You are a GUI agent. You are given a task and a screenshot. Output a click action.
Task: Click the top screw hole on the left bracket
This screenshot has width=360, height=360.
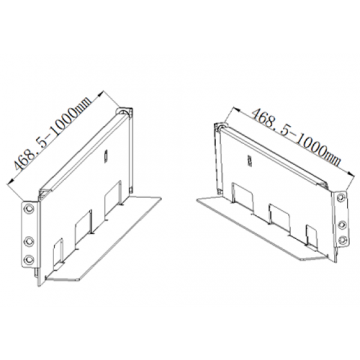click(x=29, y=209)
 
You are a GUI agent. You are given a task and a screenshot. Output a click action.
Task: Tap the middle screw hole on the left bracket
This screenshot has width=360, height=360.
click(x=29, y=241)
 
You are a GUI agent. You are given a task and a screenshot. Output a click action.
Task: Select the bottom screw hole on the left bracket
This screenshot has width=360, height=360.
click(x=29, y=259)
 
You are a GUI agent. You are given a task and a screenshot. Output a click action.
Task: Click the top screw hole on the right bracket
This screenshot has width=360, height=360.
click(x=340, y=197)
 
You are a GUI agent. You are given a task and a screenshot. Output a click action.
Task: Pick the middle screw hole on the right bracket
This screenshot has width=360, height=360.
click(x=341, y=225)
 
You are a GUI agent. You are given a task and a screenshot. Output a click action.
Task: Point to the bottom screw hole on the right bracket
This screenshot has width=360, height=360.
click(x=342, y=240)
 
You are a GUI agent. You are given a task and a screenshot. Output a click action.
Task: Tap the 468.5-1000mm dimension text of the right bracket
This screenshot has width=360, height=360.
click(x=296, y=137)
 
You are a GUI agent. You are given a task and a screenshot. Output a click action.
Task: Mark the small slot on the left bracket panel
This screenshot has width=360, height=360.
click(x=106, y=156)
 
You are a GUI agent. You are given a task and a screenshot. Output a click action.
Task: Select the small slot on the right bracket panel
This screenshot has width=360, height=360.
click(x=249, y=161)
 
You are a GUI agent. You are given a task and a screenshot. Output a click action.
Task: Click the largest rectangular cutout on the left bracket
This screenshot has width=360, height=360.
click(x=113, y=199)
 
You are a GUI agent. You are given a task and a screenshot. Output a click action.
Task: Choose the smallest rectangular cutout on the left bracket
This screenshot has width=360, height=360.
click(x=58, y=252)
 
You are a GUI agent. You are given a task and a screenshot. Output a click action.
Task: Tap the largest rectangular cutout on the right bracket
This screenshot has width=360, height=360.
click(x=243, y=197)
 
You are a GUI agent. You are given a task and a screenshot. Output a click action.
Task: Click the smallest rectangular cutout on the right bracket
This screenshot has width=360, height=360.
click(x=312, y=237)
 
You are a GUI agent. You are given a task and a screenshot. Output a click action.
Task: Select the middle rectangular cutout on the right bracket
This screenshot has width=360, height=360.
click(x=280, y=218)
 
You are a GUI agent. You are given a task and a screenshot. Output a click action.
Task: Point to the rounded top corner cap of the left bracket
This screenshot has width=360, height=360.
click(x=123, y=112)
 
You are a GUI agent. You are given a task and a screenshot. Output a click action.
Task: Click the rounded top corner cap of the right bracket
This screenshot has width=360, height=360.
click(x=220, y=127)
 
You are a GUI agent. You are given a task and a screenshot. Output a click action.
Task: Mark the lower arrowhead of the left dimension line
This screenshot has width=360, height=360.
click(x=11, y=181)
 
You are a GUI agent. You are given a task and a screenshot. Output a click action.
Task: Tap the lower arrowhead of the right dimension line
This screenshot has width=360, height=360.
click(x=350, y=174)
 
